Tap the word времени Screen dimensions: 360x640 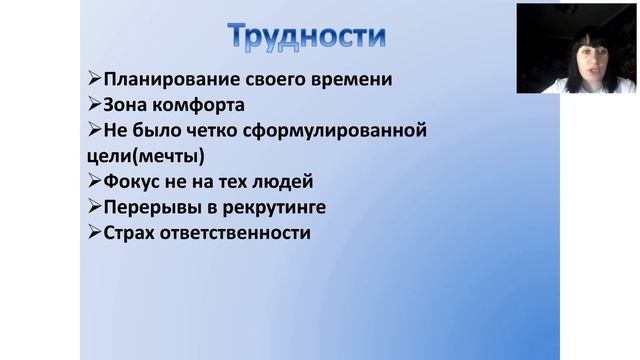tap(349, 78)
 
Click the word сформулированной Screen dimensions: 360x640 tap(335, 130)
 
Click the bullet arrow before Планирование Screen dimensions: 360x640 tap(93, 78)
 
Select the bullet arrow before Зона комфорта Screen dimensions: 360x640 tap(93, 104)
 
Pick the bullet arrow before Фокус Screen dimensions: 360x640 tap(93, 182)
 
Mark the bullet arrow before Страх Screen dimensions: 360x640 tap(93, 234)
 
